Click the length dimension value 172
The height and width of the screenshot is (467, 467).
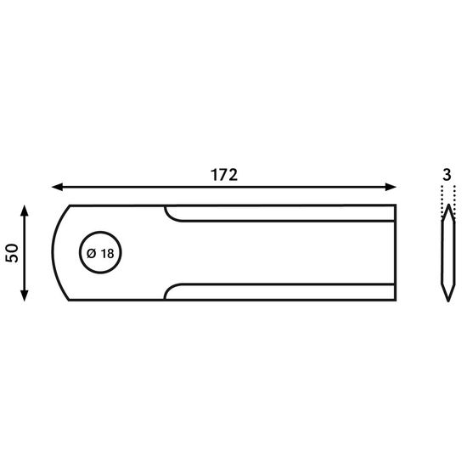coord(224,175)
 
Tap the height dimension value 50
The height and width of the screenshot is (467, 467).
coord(12,253)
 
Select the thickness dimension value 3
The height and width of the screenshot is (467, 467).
coord(447,175)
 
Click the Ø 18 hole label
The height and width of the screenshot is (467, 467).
coord(100,254)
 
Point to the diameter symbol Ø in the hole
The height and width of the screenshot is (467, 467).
coord(91,254)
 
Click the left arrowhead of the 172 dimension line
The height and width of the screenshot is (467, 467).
coord(58,187)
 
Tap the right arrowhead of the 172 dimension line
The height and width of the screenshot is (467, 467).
coord(391,187)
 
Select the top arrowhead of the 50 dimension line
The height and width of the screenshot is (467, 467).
coord(25,211)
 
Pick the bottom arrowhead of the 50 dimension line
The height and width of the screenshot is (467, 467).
coord(25,295)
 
